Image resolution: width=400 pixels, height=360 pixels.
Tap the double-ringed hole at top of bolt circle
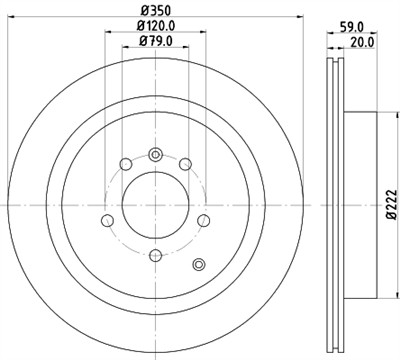point(155,154)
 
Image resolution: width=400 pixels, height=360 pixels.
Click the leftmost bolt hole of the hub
point(107,222)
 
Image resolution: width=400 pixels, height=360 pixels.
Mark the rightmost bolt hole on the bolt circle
point(203,221)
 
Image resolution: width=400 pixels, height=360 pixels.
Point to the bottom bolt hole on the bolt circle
point(155,254)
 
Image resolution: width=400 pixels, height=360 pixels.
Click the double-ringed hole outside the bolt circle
point(198,264)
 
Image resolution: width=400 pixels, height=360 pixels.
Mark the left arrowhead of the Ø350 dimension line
point(12,22)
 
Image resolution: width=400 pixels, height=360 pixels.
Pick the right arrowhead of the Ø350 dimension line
point(298,22)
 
